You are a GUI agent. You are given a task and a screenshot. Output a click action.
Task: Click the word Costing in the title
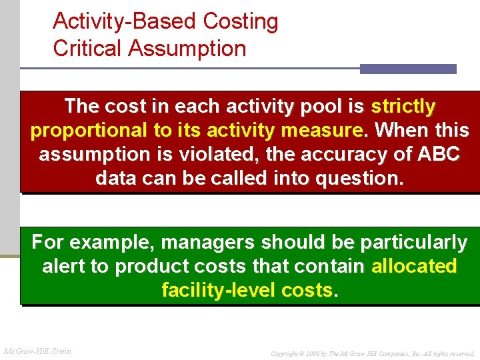click(241, 22)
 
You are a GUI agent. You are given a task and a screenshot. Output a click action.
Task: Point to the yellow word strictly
click(403, 106)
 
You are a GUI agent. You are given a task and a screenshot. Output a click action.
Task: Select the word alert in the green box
click(65, 266)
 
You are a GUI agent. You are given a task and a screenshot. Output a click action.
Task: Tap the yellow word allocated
click(414, 266)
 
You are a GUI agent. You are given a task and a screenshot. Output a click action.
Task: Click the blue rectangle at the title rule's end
click(408, 69)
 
